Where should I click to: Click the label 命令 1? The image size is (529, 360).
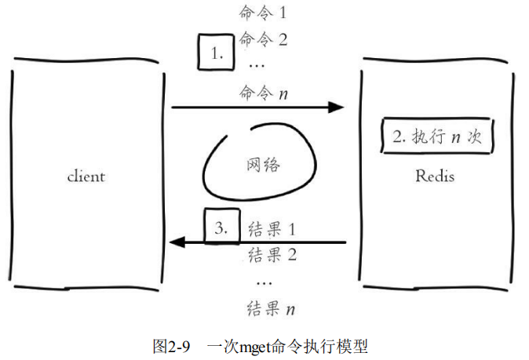click(264, 13)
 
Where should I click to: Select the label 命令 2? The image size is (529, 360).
click(264, 39)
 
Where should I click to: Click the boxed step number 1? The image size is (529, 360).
click(217, 54)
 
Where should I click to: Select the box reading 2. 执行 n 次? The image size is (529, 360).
click(435, 136)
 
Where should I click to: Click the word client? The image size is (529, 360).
click(86, 176)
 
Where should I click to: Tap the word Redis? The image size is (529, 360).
click(434, 176)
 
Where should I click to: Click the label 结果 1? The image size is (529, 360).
click(270, 230)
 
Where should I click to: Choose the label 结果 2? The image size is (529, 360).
click(271, 254)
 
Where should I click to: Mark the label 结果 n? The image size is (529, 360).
click(271, 307)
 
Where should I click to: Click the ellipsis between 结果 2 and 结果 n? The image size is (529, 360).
click(264, 281)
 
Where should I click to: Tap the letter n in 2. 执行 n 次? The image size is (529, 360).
click(454, 136)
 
